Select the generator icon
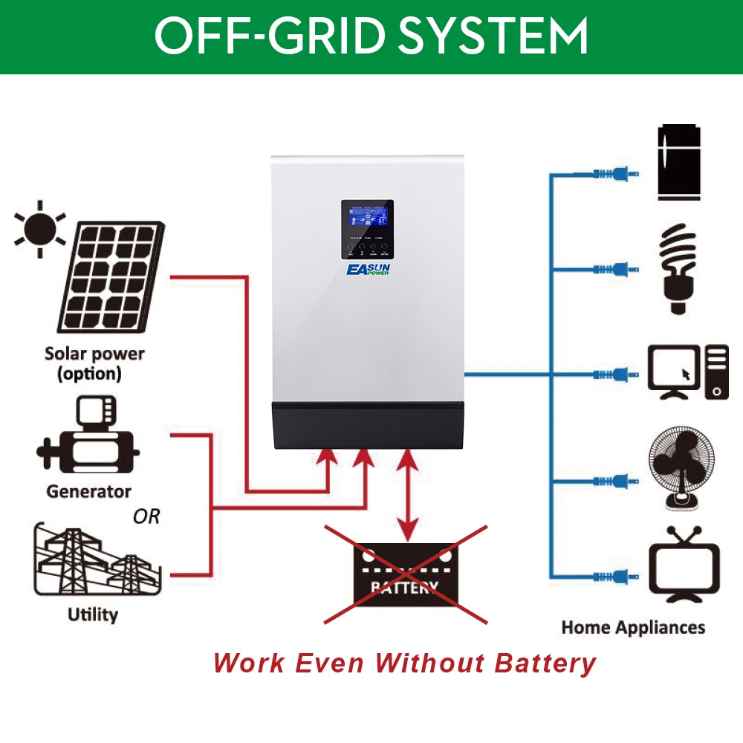87,440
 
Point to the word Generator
88,491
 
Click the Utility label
93,614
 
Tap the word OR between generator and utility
146,516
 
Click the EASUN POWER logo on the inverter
367,270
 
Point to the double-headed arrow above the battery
406,493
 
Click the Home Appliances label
633,627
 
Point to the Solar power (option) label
94,363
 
